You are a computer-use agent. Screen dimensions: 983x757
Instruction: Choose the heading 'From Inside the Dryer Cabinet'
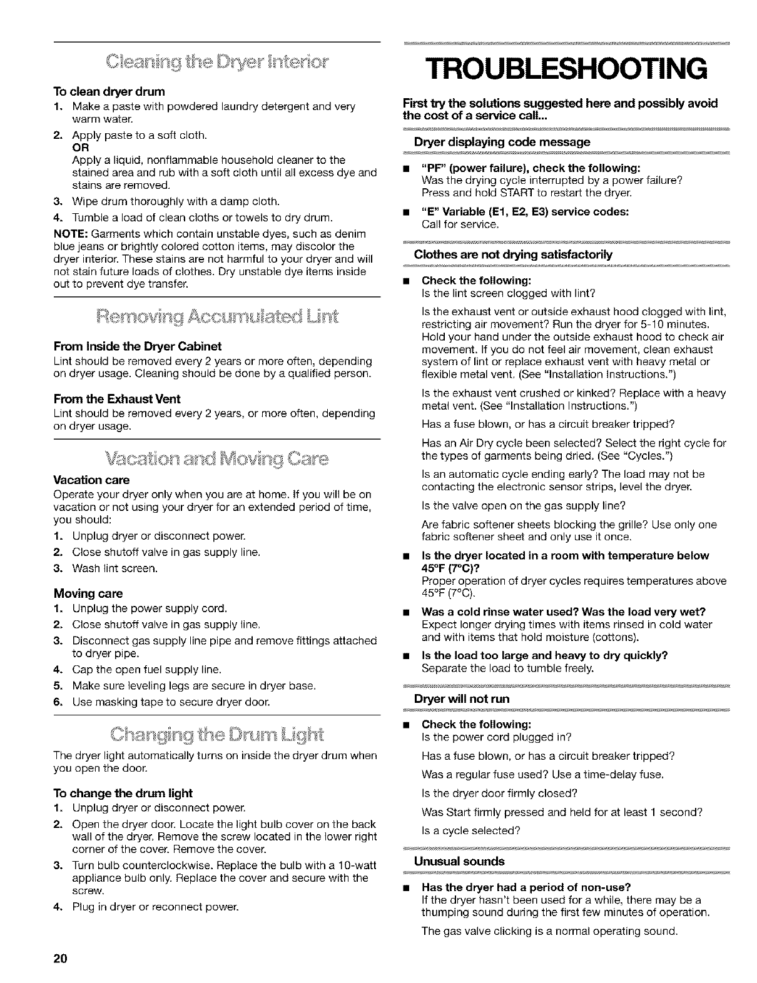coord(138,346)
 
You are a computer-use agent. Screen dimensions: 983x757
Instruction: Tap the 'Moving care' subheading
coord(88,593)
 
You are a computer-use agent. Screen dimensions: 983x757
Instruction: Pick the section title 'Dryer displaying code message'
coord(502,142)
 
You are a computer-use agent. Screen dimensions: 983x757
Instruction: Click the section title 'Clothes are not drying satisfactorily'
coord(513,255)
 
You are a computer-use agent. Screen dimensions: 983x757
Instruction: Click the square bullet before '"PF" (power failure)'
coord(407,168)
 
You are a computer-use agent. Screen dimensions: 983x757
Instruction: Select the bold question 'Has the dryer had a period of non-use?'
coord(526,887)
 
